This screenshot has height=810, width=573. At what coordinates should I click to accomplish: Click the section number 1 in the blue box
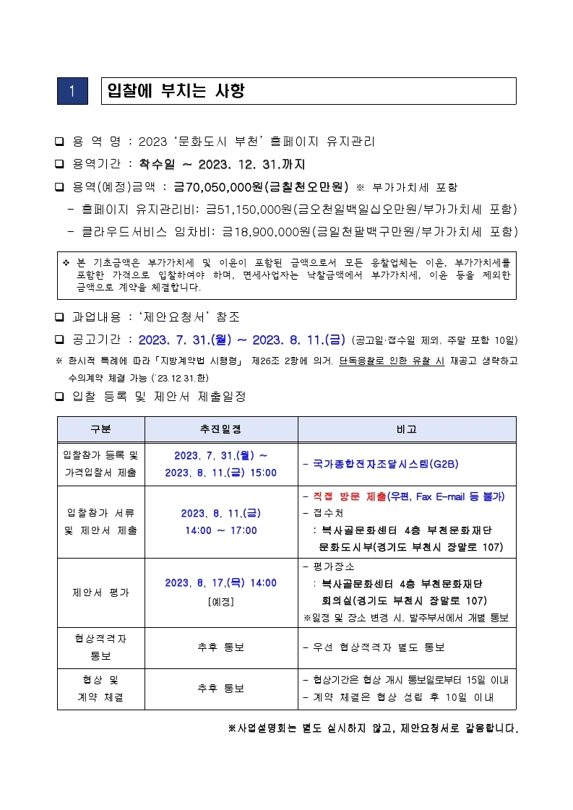pyautogui.click(x=72, y=91)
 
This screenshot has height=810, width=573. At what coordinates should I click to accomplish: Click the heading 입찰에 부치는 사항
pyautogui.click(x=176, y=91)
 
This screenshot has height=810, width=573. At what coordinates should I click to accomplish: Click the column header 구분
pyautogui.click(x=100, y=429)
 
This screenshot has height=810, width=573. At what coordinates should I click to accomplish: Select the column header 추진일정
pyautogui.click(x=220, y=429)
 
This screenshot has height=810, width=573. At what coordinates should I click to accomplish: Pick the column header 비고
pyautogui.click(x=406, y=429)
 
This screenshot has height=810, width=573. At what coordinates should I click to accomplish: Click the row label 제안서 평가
pyautogui.click(x=100, y=593)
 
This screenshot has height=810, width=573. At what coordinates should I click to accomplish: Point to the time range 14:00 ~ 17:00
pyautogui.click(x=220, y=530)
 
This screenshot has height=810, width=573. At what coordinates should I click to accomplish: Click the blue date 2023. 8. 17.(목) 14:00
pyautogui.click(x=220, y=583)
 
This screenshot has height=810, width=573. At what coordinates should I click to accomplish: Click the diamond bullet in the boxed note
pyautogui.click(x=66, y=262)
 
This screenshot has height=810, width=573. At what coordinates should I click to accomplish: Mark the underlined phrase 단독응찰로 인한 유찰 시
pyautogui.click(x=392, y=360)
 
